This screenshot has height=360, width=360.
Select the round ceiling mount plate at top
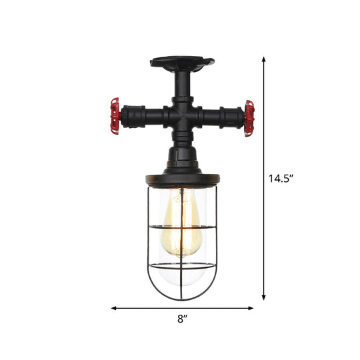[x=181, y=64]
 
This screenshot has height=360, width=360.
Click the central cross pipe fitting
[x=181, y=117]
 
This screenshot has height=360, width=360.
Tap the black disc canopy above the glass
[x=181, y=179]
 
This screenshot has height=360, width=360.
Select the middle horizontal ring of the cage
[x=181, y=228]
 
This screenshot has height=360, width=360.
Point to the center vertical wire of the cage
[x=182, y=253]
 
